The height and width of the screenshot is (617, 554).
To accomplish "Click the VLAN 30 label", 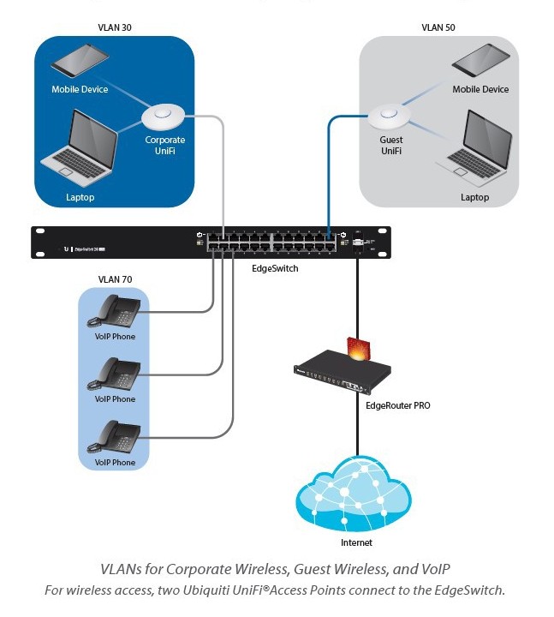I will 115,27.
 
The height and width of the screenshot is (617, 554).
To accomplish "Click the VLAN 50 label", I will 438,27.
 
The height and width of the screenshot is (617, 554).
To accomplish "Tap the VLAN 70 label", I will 114,279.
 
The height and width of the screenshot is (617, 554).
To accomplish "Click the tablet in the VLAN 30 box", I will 80,62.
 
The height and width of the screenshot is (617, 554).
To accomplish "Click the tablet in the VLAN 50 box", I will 480,62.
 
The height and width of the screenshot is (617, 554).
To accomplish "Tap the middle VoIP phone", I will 114,374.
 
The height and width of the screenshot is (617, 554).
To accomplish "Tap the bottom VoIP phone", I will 114,437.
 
